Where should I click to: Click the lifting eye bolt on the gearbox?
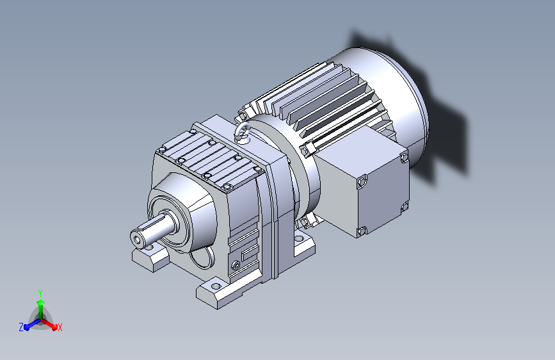(x=242, y=133)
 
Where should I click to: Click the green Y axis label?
(x=40, y=293)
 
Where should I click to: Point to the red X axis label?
(x=60, y=328)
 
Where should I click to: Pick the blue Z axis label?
(x=21, y=327)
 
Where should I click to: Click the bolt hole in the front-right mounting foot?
(x=216, y=286)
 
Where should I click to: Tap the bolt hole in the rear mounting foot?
(x=299, y=239)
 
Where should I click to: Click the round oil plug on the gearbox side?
(x=236, y=265)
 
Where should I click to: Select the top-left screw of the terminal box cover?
(x=362, y=182)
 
